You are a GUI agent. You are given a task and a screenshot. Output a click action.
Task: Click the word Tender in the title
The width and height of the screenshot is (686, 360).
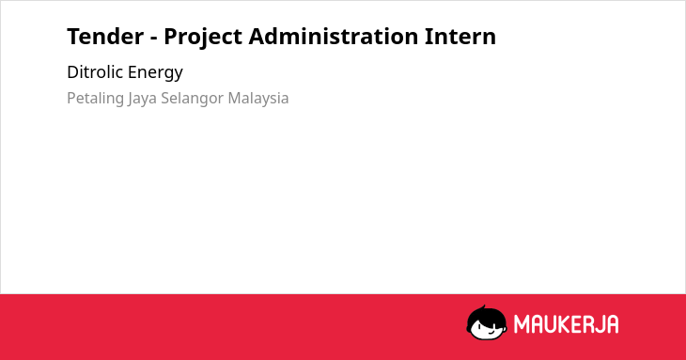105,37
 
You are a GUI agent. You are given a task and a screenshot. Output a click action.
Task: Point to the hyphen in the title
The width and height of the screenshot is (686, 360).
153,38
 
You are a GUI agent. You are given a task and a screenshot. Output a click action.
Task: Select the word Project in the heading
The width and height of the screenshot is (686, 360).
203,38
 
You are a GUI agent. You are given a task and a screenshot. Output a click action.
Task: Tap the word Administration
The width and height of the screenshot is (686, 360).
334,36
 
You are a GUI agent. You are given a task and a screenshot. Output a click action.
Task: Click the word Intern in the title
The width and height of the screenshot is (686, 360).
460,37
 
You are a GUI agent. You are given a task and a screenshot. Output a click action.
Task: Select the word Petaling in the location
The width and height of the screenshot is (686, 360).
95,99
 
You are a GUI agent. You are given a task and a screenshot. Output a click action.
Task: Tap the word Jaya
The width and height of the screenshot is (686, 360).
142,99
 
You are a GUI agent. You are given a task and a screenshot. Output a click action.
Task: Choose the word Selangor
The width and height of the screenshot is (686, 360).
193,99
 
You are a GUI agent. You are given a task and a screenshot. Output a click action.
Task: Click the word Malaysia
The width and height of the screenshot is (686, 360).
258,99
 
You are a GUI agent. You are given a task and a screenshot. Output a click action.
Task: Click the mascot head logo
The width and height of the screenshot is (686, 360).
487,322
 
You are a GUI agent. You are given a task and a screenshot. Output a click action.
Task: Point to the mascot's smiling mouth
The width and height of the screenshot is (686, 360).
491,333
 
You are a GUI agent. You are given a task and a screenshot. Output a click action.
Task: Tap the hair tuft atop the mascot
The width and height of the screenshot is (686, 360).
483,307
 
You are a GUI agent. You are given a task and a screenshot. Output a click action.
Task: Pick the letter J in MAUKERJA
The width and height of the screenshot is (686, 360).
600,324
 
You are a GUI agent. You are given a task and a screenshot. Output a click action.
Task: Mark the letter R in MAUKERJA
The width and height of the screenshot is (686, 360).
585,324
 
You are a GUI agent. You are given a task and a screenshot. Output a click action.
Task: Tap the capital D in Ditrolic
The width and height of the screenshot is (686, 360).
72,72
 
